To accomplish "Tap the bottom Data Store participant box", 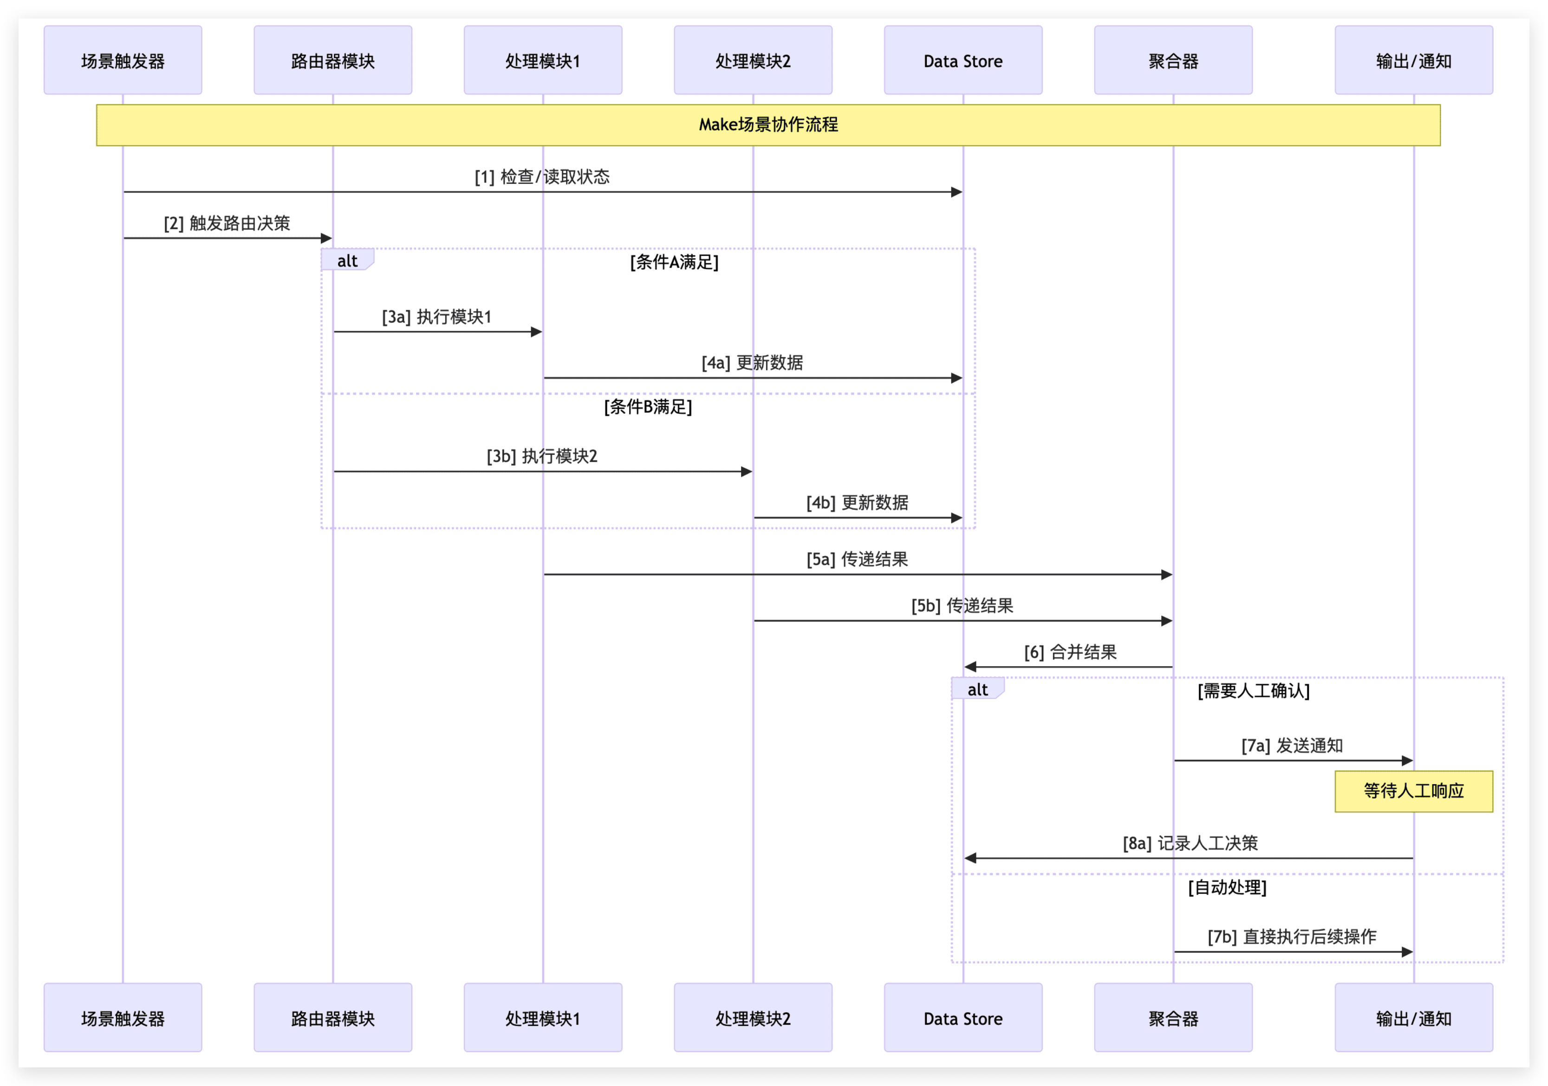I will point(963,1018).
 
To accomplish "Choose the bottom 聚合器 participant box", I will point(1173,1018).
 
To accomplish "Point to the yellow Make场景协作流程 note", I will point(768,125).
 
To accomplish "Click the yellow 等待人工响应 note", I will point(1413,791).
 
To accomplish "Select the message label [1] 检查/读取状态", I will point(542,177).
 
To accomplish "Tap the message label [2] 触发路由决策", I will point(227,223).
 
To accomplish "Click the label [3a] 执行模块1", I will point(437,317).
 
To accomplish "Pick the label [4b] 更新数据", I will point(857,503).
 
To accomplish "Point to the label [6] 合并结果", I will point(1070,652).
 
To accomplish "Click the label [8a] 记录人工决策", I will point(1190,843).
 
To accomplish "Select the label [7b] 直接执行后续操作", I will point(1292,937).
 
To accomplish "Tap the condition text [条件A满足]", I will point(674,262).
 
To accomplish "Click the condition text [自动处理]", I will point(1227,888).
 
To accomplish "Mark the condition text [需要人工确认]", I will point(1253,691).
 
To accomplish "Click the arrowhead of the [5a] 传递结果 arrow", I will point(1167,575).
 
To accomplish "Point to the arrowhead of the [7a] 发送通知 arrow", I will point(1407,761).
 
